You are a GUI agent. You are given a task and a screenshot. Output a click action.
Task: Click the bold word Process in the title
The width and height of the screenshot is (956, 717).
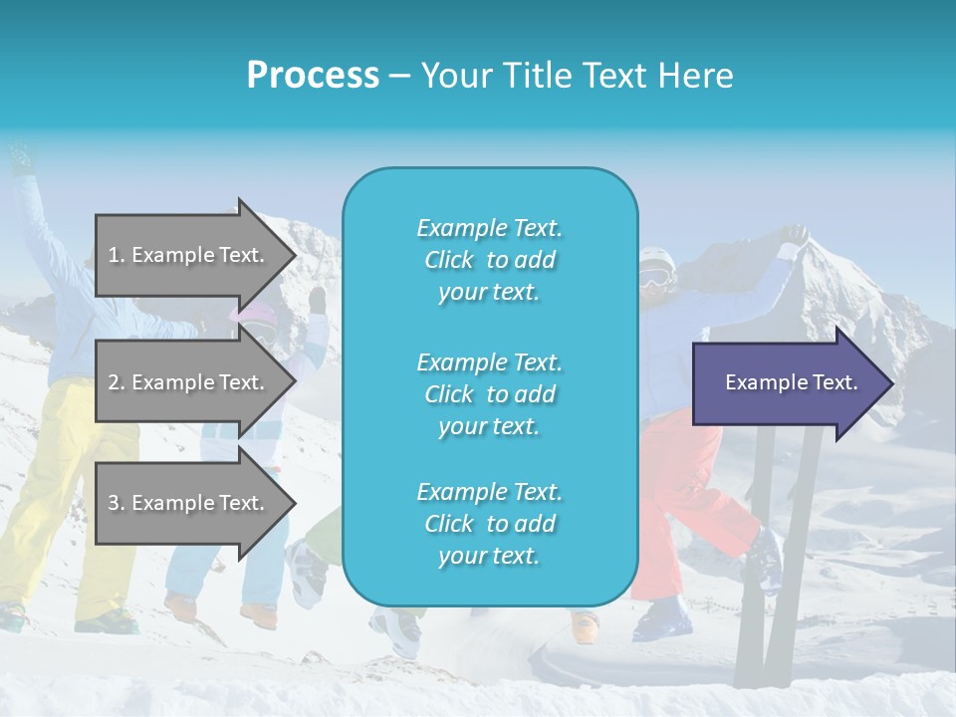click(x=313, y=75)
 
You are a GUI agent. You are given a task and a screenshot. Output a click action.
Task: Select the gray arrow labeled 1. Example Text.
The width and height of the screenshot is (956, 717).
click(x=189, y=255)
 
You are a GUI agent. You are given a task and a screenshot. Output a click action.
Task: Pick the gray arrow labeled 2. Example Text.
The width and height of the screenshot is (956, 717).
click(x=189, y=382)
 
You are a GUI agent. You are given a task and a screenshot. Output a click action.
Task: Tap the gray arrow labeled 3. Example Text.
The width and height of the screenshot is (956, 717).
click(x=189, y=503)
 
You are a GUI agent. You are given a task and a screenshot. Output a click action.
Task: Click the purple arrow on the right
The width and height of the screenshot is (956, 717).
click(x=787, y=382)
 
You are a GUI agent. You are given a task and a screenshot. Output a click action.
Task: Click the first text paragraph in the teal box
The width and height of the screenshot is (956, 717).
click(x=489, y=260)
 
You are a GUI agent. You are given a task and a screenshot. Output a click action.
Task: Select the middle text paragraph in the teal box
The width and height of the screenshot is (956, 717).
click(x=489, y=393)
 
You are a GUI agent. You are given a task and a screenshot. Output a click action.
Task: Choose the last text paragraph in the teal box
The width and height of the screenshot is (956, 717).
click(x=489, y=524)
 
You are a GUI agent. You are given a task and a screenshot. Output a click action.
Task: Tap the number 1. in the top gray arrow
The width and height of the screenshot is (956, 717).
click(x=117, y=255)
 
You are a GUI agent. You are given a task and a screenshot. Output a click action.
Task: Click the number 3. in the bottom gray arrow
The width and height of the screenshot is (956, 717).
click(x=117, y=503)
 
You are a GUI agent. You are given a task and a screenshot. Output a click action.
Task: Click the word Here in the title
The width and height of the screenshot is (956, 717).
click(x=699, y=75)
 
